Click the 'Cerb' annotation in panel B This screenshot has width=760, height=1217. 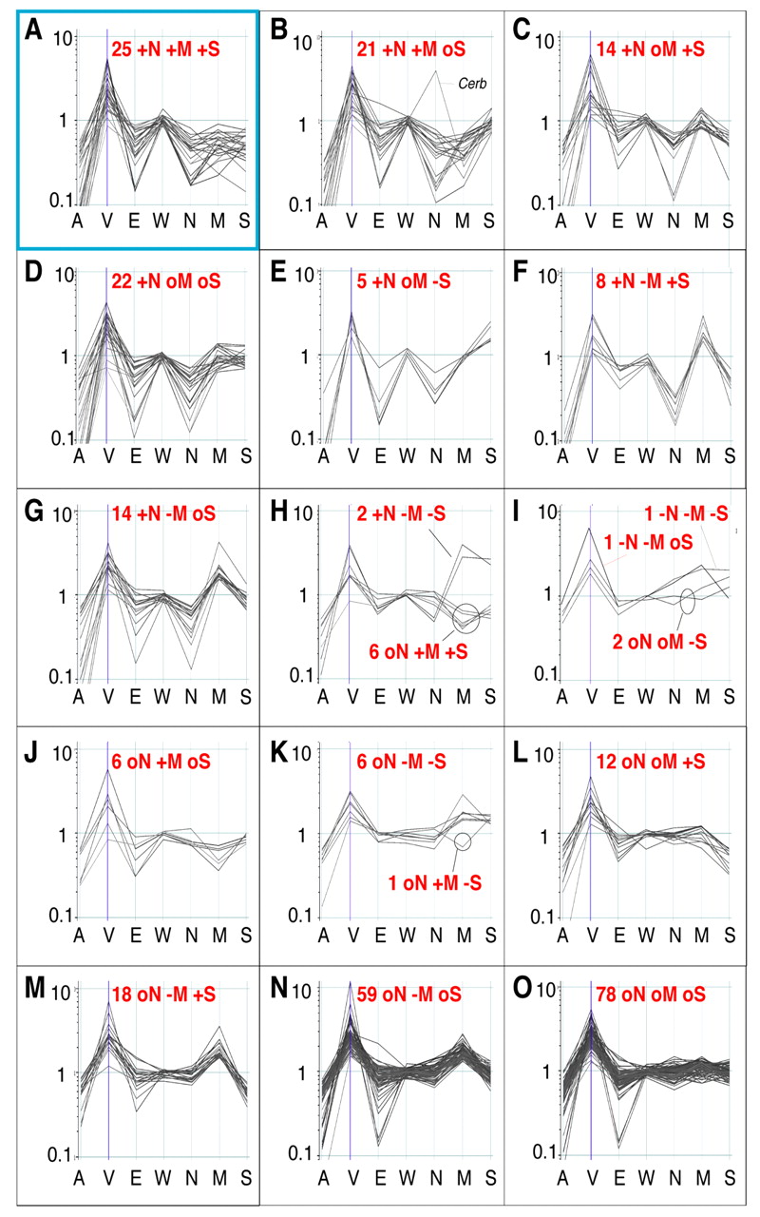pyautogui.click(x=473, y=83)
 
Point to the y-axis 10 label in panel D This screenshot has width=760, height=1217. pyautogui.click(x=63, y=275)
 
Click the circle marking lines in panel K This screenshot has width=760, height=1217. pyautogui.click(x=464, y=840)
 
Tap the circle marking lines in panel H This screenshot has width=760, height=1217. pyautogui.click(x=466, y=616)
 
